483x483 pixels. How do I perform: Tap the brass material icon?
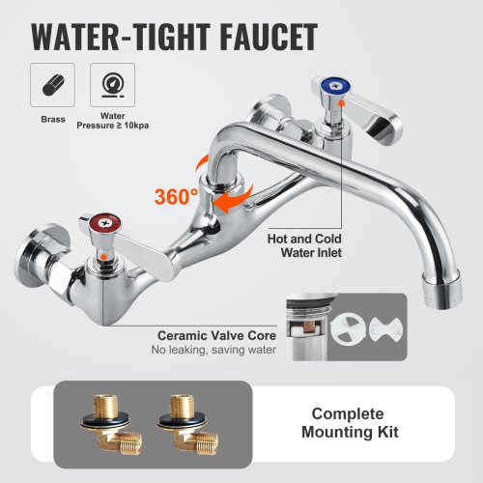click(50, 85)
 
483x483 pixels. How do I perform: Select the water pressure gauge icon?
click(107, 85)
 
